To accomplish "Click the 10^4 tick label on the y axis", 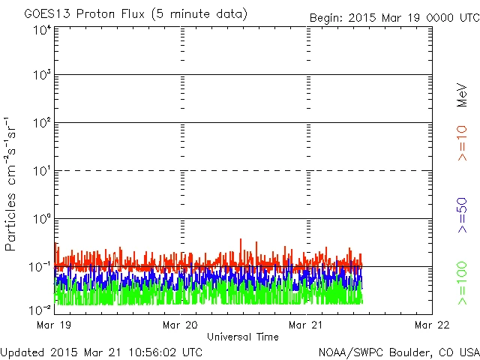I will (x=41, y=30).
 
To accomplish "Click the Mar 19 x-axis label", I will (x=52, y=325).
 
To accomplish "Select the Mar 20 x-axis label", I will (x=180, y=325).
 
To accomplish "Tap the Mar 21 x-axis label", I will (x=306, y=325).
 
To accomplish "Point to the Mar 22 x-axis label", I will (x=432, y=325).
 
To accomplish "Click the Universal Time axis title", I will (x=242, y=337).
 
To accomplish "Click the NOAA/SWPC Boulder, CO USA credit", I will (x=398, y=352).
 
